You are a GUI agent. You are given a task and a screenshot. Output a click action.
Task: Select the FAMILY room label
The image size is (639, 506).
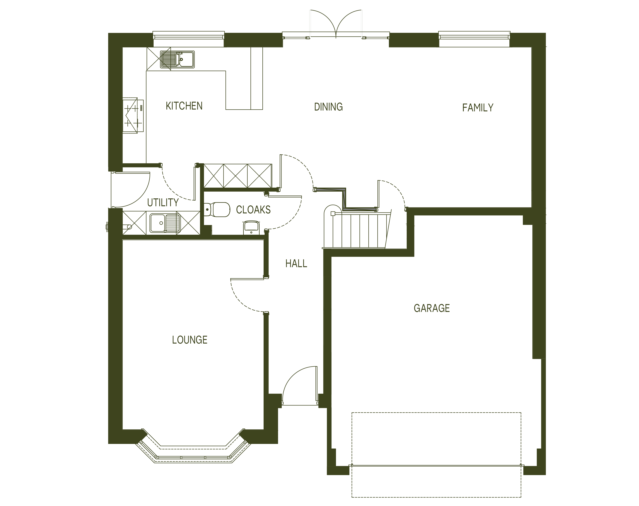pos(478,108)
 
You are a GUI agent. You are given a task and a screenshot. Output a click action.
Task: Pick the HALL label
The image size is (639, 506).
pos(296,263)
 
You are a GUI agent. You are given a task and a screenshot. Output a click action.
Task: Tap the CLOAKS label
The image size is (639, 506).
pos(253,210)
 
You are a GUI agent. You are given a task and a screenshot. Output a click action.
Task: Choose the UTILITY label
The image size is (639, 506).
pos(163,203)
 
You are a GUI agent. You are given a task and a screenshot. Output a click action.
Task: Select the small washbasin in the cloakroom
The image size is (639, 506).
pos(251,228)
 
